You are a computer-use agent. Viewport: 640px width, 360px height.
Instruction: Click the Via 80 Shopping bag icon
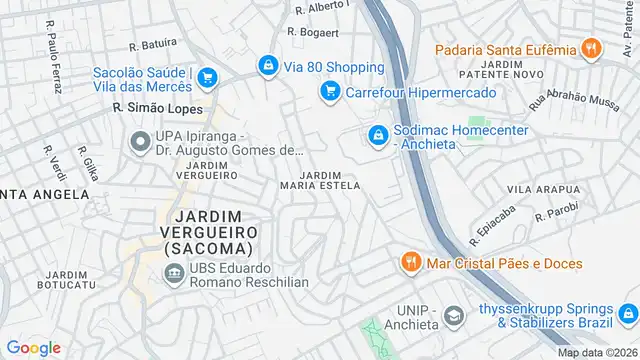(267, 66)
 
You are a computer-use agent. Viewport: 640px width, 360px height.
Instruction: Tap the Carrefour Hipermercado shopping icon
(328, 92)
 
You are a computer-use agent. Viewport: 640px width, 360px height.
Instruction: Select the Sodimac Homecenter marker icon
(377, 133)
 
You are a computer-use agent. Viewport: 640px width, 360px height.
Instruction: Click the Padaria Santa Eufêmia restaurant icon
(593, 48)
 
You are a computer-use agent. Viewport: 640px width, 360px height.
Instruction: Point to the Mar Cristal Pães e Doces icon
(410, 262)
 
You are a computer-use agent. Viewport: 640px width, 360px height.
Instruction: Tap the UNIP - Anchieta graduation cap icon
(454, 316)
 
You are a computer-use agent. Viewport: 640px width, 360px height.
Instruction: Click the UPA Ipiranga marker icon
(137, 142)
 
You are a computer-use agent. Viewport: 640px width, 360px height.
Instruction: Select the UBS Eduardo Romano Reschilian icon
(173, 273)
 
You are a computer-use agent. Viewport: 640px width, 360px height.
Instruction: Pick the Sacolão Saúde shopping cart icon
(207, 77)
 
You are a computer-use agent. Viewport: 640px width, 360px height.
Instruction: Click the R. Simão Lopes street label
(158, 108)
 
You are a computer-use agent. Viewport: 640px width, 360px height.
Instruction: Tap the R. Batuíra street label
(153, 44)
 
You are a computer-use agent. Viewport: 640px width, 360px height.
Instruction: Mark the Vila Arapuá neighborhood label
(543, 188)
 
